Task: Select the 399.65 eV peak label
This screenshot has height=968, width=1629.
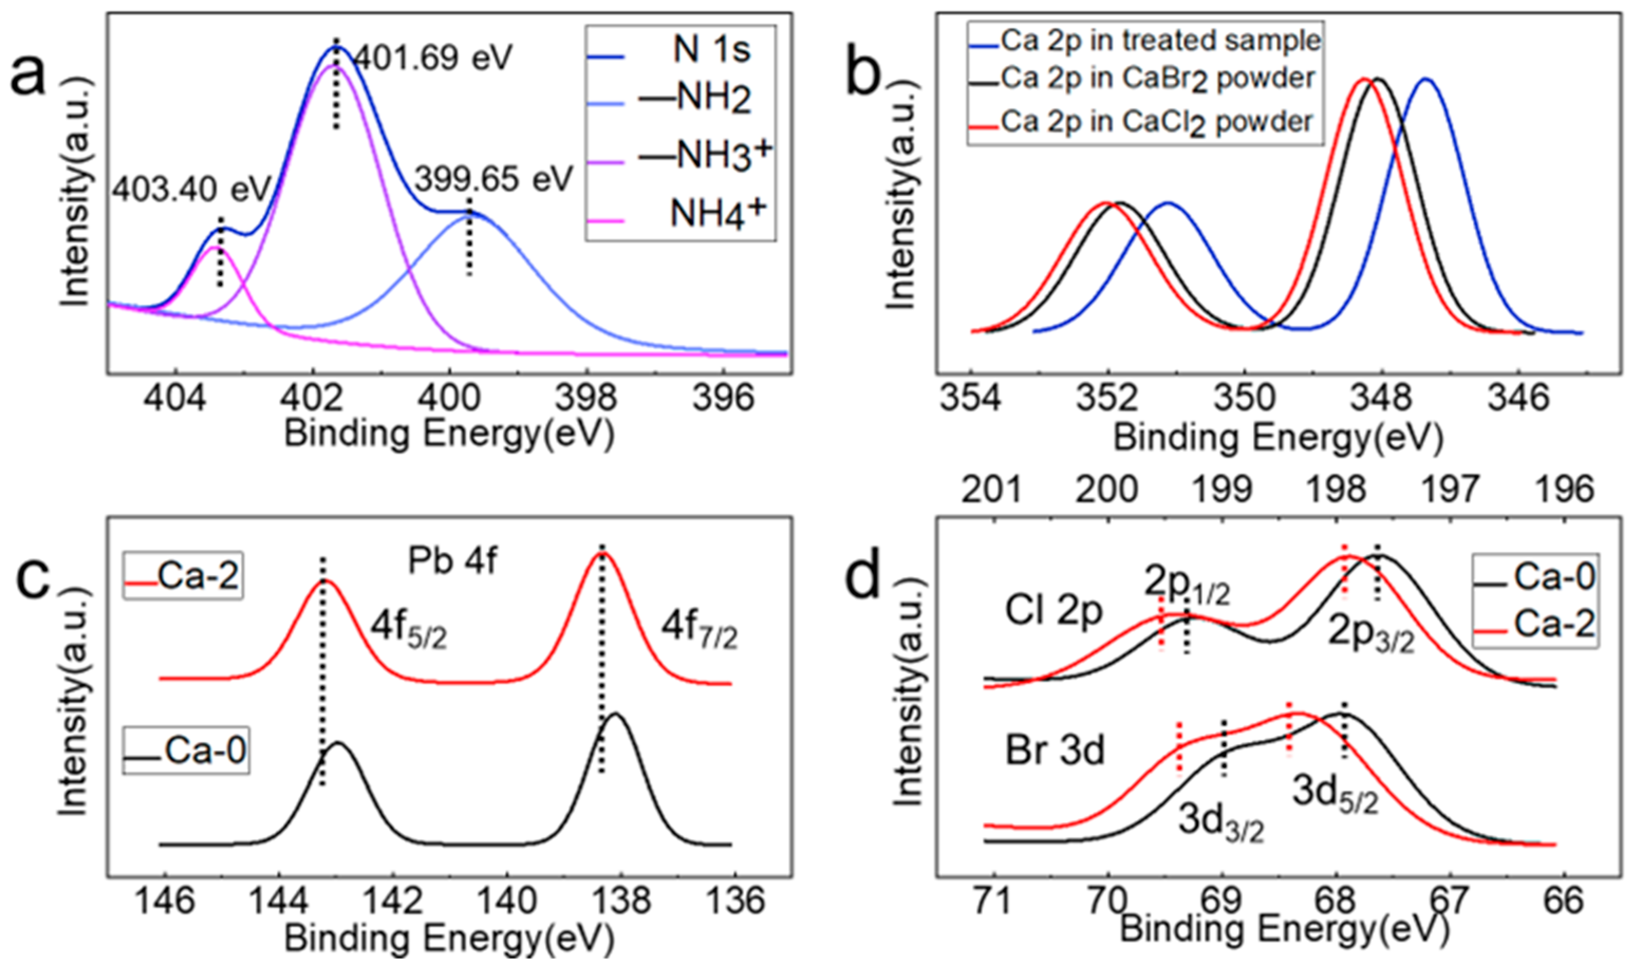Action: [x=494, y=178]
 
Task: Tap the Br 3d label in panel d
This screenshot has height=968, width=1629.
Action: [x=1055, y=750]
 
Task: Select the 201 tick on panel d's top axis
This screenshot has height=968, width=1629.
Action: [x=991, y=489]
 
